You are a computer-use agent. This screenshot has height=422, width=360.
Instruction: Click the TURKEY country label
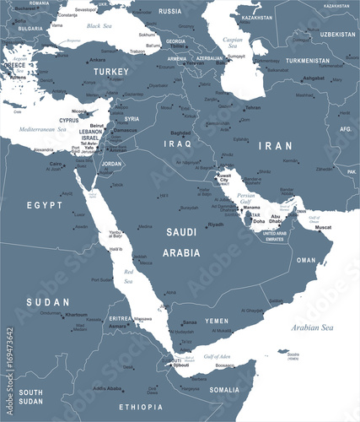pos(111,72)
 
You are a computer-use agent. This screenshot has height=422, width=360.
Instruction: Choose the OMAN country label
pos(305,260)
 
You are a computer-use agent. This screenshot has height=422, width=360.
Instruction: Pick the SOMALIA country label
pos(224,389)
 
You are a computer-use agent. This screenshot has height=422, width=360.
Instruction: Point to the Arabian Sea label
pos(313,327)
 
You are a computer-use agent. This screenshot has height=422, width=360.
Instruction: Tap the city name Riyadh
pos(216,225)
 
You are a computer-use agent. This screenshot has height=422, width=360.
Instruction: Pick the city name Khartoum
pos(76,314)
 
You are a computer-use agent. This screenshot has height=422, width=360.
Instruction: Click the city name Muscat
pos(323,226)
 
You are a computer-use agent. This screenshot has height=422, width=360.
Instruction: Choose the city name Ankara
pos(98,60)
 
